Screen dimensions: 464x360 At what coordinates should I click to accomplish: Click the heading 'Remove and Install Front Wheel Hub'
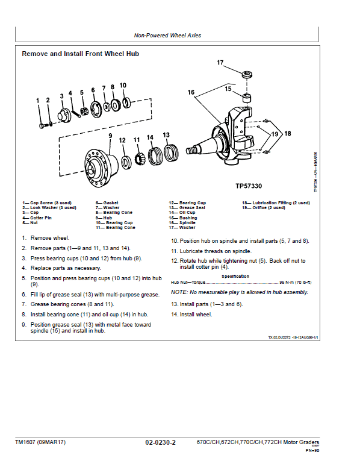click(81, 54)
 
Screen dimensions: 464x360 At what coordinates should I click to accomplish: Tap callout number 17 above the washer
click(220, 63)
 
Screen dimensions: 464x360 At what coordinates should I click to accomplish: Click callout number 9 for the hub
click(110, 136)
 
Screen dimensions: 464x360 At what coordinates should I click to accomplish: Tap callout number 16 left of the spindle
click(191, 93)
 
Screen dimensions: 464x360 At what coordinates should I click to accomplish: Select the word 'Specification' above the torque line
click(235, 276)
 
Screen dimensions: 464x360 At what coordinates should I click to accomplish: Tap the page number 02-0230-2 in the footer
click(160, 443)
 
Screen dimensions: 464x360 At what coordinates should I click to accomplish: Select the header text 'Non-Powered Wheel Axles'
click(168, 36)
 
